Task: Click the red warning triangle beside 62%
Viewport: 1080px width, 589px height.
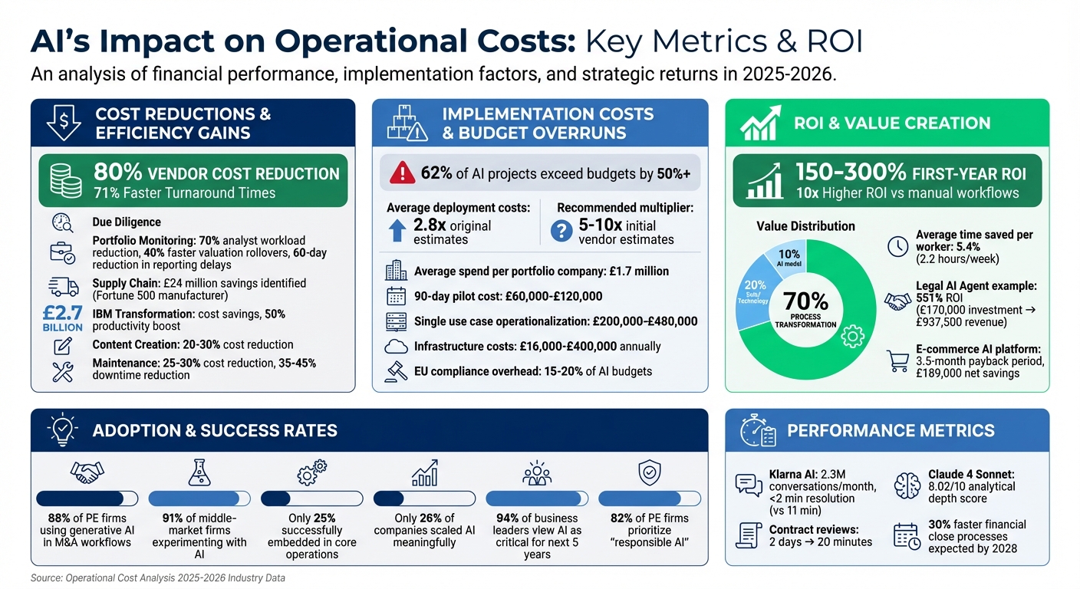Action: [x=402, y=173]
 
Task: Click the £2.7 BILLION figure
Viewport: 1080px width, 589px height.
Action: [x=64, y=317]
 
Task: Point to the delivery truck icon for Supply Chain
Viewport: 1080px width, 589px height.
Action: [x=63, y=287]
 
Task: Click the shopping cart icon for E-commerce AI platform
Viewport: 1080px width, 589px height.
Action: [x=897, y=360]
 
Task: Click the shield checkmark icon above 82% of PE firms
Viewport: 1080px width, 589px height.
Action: [x=649, y=472]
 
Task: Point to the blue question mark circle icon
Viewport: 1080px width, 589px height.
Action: [x=562, y=230]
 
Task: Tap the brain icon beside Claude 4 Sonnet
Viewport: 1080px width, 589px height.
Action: [x=908, y=485]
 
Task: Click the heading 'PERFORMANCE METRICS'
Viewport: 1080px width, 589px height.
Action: [x=891, y=430]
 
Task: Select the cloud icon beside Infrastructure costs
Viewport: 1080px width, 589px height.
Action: [x=397, y=347]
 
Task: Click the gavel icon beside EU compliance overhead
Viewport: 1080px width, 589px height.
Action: [x=397, y=372]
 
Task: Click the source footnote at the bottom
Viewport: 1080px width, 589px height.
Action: [x=157, y=577]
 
